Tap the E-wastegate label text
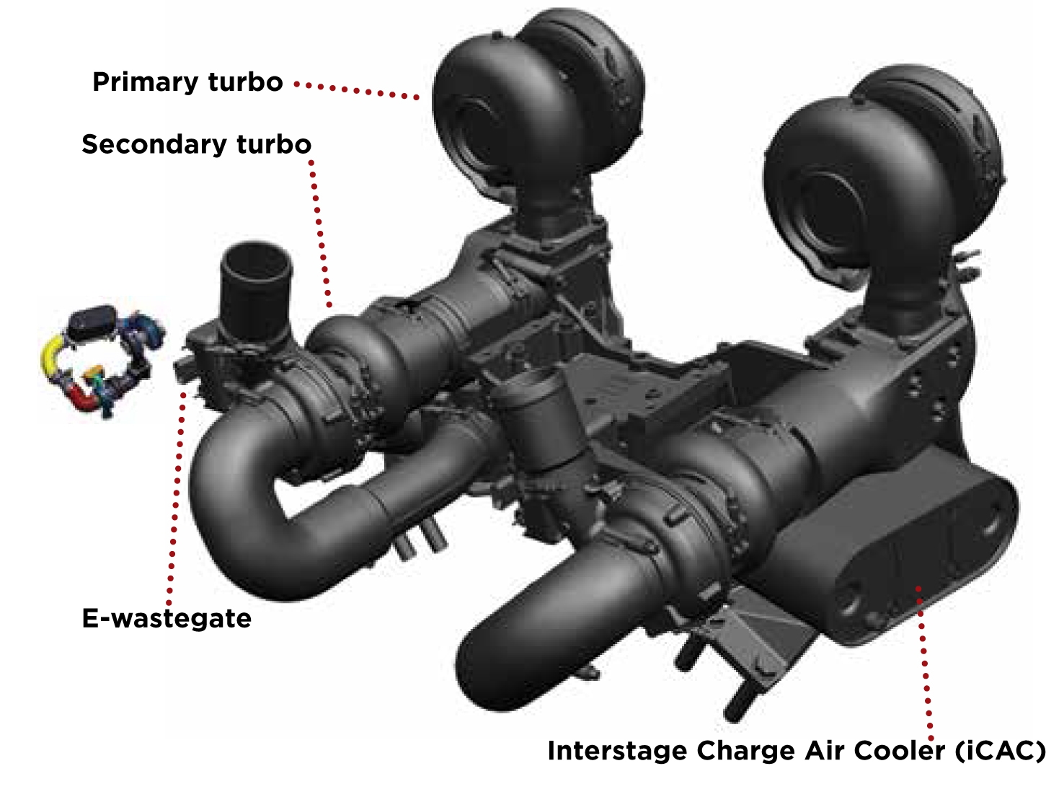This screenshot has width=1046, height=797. (x=167, y=619)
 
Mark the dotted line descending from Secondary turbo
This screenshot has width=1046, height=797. (x=319, y=231)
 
